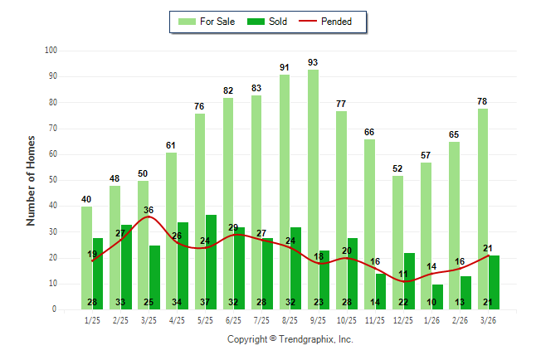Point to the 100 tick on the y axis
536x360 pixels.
pyautogui.click(x=51, y=51)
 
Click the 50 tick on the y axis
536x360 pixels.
pyautogui.click(x=52, y=180)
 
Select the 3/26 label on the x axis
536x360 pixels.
pyautogui.click(x=489, y=319)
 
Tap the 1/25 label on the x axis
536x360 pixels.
pyautogui.click(x=92, y=319)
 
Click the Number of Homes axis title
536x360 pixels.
pyautogui.click(x=32, y=180)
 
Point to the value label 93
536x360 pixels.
pyautogui.click(x=313, y=63)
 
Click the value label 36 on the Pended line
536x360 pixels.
pyautogui.click(x=149, y=210)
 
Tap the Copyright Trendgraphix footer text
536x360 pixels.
pyautogui.click(x=290, y=339)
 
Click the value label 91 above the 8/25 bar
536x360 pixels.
pyautogui.click(x=285, y=68)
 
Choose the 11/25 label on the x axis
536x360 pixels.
pyautogui.click(x=375, y=319)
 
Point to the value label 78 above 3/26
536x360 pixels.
pyautogui.click(x=482, y=101)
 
